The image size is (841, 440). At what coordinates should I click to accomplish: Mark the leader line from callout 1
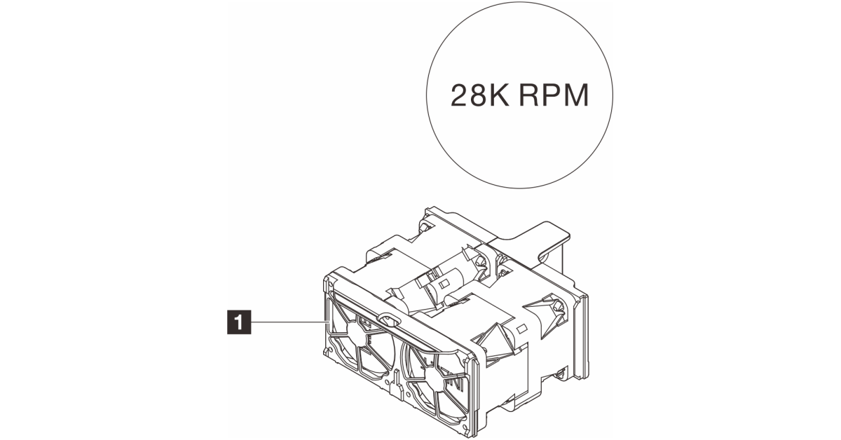pyautogui.click(x=287, y=322)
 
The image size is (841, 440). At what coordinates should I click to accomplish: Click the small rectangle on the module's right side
pyautogui.click(x=520, y=328)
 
